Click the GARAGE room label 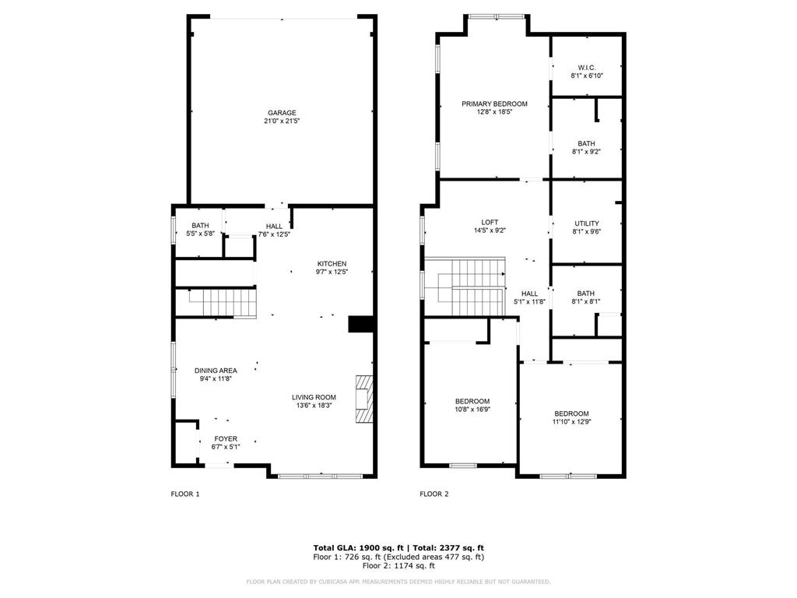click(x=281, y=113)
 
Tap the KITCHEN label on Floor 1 click(x=332, y=263)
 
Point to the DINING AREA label click(x=216, y=370)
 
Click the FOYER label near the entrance click(x=226, y=438)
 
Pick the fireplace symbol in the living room click(x=363, y=399)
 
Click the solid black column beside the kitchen click(x=361, y=324)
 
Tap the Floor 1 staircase click(x=223, y=302)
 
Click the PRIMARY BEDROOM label click(x=494, y=104)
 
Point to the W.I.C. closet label click(x=586, y=66)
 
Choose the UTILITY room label click(x=586, y=223)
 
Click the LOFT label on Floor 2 click(x=490, y=222)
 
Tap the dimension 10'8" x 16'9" click(x=472, y=410)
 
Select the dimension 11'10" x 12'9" click(x=571, y=422)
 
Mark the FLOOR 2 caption click(x=434, y=494)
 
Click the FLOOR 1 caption click(x=185, y=494)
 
